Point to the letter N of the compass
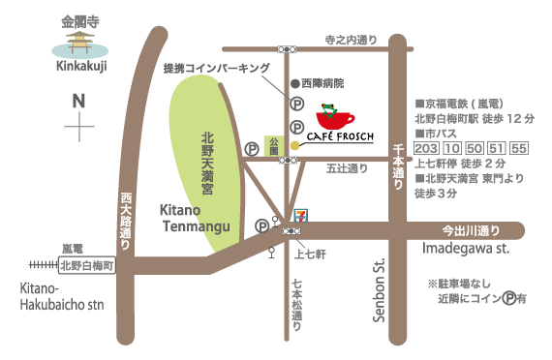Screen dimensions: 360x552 [78, 101]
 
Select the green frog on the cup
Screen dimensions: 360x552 [329, 107]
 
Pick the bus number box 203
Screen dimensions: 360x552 [426, 148]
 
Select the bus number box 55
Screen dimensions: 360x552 [518, 148]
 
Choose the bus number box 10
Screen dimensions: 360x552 [451, 148]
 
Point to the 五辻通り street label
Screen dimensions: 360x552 [347, 168]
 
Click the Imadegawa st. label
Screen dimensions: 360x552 [466, 249]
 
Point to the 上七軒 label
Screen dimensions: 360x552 [308, 254]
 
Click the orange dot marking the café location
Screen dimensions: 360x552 [294, 145]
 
